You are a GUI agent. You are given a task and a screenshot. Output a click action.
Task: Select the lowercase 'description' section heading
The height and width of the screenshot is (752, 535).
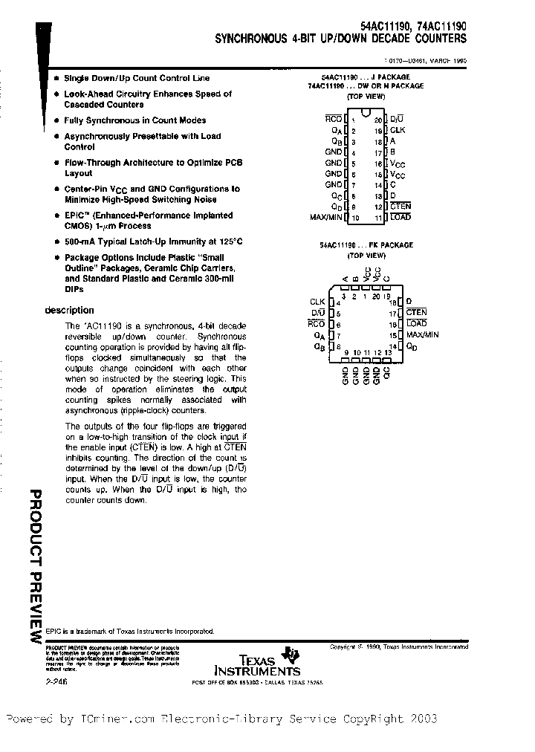[x=70, y=311]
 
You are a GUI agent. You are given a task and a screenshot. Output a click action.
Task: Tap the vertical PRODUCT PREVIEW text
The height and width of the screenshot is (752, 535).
[x=36, y=568]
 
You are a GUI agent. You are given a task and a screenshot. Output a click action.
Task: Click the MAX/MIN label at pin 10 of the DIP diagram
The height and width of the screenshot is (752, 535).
[x=325, y=218]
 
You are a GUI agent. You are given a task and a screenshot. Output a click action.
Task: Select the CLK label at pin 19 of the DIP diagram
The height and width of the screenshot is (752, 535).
[x=398, y=130]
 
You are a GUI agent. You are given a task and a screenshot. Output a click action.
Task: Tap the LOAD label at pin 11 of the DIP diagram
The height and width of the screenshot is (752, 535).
[x=400, y=218]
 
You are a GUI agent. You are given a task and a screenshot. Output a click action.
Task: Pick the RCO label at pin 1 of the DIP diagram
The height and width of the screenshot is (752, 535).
[x=334, y=119]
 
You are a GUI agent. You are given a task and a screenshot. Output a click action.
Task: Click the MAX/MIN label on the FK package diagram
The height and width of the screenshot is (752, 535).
[x=423, y=335]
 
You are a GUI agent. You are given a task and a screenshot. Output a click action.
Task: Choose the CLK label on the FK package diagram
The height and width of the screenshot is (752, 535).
[x=317, y=302]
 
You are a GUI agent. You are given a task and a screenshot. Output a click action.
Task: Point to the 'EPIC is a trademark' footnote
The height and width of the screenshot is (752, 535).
[x=130, y=631]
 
